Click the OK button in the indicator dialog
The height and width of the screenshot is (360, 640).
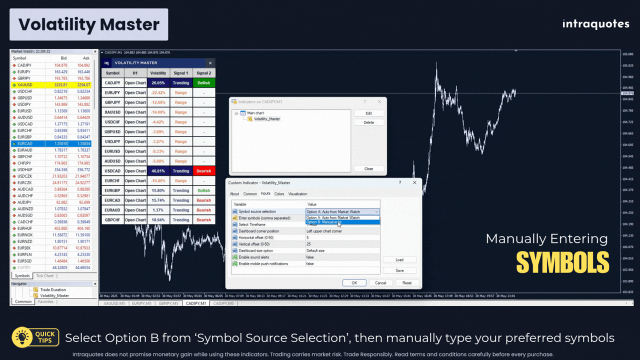[354, 283]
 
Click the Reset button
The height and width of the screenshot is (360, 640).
[407, 283]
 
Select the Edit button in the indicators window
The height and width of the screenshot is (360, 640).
[368, 113]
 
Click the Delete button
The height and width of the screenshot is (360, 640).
[368, 122]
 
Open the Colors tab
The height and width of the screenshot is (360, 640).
[279, 194]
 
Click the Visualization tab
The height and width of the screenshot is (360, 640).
[297, 194]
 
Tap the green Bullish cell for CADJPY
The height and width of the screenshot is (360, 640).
[203, 83]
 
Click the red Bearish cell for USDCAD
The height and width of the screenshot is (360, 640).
[203, 171]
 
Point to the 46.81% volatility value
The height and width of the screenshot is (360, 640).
[158, 171]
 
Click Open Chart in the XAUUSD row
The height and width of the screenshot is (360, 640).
[135, 112]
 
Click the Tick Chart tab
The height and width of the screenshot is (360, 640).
[45, 276]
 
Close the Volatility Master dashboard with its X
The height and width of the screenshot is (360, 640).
[210, 63]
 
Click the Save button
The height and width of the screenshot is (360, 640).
[399, 270]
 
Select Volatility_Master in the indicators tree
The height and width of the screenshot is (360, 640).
[267, 119]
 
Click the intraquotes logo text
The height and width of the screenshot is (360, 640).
[595, 24]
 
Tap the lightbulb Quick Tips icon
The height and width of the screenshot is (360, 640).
[21, 337]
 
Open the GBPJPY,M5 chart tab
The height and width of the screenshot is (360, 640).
[168, 303]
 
